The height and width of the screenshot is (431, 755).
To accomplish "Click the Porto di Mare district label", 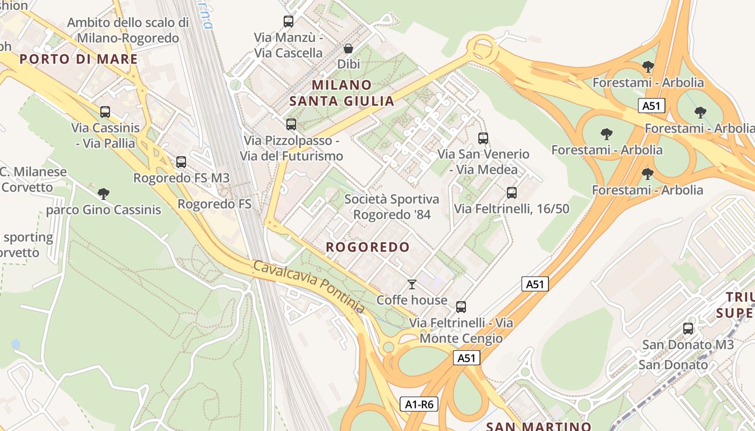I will click(79, 59).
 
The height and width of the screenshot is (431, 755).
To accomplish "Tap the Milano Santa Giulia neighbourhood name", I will click(342, 93).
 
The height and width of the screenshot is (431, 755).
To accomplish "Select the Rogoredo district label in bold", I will click(368, 247).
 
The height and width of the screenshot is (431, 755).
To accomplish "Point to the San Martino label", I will click(538, 426).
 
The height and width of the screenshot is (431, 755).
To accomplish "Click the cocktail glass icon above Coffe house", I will click(412, 284).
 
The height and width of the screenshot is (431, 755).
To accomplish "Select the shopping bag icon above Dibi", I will click(348, 49).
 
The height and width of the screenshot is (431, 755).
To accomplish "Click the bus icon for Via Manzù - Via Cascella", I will click(289, 22).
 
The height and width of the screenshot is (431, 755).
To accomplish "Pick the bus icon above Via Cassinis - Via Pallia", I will click(105, 112).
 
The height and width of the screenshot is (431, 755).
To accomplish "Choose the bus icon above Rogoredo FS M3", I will click(181, 162).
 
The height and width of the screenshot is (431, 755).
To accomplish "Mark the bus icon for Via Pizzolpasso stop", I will click(291, 124).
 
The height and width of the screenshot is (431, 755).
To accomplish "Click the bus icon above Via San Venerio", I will click(483, 138).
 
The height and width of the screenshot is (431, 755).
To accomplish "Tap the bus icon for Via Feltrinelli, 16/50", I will click(512, 192).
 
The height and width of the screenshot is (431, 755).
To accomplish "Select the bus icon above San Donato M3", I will click(688, 328).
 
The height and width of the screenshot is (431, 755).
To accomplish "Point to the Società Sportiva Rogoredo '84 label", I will click(392, 207).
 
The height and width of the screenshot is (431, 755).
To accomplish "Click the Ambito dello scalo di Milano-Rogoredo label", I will click(128, 30).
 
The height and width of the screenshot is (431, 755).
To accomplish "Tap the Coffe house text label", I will click(412, 300).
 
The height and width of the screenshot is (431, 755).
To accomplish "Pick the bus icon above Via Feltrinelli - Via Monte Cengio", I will click(461, 307).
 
